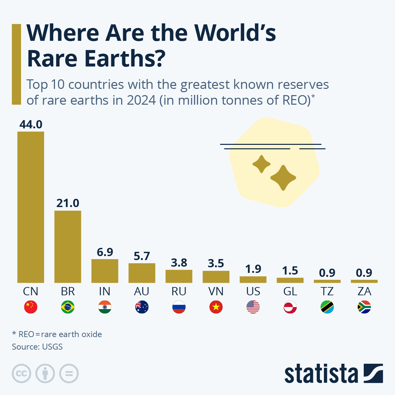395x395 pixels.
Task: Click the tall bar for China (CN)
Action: tap(31, 207)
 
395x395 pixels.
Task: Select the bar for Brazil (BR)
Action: tap(67, 247)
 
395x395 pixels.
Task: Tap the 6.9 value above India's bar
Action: tap(105, 252)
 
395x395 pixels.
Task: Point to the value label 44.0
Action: tap(31, 124)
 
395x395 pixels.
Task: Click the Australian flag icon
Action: tap(142, 307)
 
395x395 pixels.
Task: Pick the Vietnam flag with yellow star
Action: tap(216, 307)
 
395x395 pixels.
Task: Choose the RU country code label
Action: tap(179, 291)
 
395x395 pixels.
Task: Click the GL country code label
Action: tap(290, 291)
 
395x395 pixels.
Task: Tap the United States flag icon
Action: tap(253, 307)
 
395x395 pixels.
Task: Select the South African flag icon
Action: tap(364, 307)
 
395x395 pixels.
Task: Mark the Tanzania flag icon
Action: tap(327, 307)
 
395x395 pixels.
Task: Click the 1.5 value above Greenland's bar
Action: tap(290, 271)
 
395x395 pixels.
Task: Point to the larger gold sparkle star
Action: tap(283, 178)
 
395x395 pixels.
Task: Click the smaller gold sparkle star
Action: tap(261, 164)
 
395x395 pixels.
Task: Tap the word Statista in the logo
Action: tap(321, 374)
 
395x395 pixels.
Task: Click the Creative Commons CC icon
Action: tap(21, 374)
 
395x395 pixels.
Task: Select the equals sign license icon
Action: tap(69, 374)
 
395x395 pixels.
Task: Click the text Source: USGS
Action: tap(37, 347)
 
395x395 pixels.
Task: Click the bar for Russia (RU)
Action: tap(179, 276)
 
